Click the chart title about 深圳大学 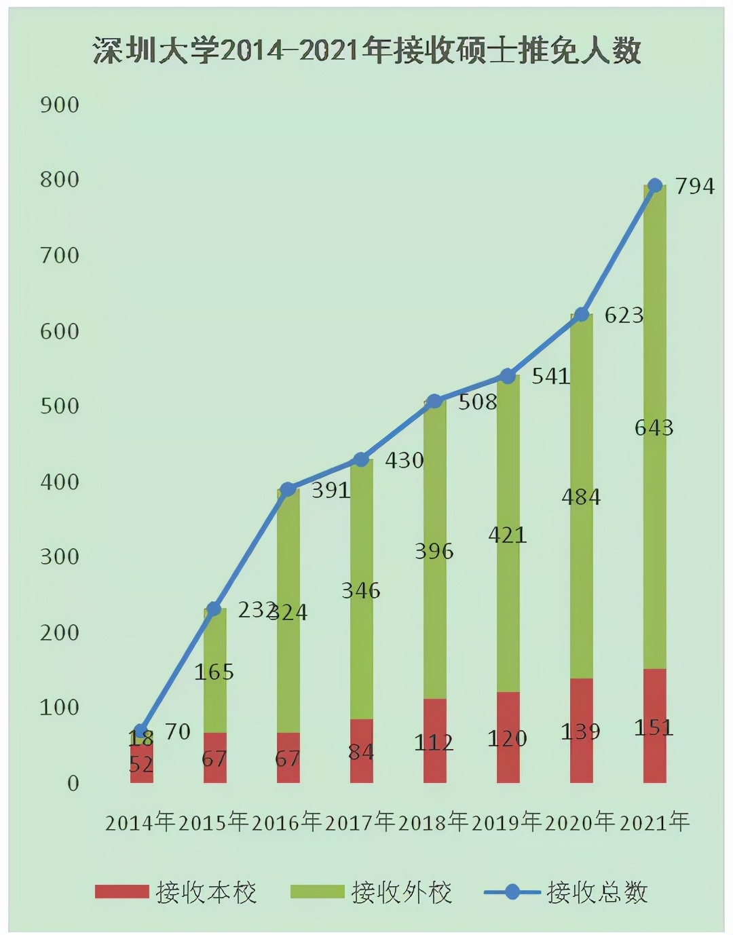pyautogui.click(x=366, y=51)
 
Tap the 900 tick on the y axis pyautogui.click(x=60, y=104)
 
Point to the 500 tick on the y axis pyautogui.click(x=60, y=406)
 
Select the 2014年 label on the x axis pyautogui.click(x=140, y=822)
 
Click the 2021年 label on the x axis pyautogui.click(x=654, y=822)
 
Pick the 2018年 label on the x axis pyautogui.click(x=434, y=822)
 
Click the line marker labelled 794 pyautogui.click(x=655, y=185)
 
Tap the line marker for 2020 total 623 pyautogui.click(x=582, y=314)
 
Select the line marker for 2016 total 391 pyautogui.click(x=288, y=489)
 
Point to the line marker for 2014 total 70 pyautogui.click(x=141, y=731)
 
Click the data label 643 pyautogui.click(x=654, y=427)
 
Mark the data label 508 pyautogui.click(x=478, y=402)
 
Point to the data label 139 pyautogui.click(x=581, y=731)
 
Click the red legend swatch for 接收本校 pyautogui.click(x=122, y=892)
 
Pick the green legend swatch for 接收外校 pyautogui.click(x=317, y=892)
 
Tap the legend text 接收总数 pyautogui.click(x=597, y=892)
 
